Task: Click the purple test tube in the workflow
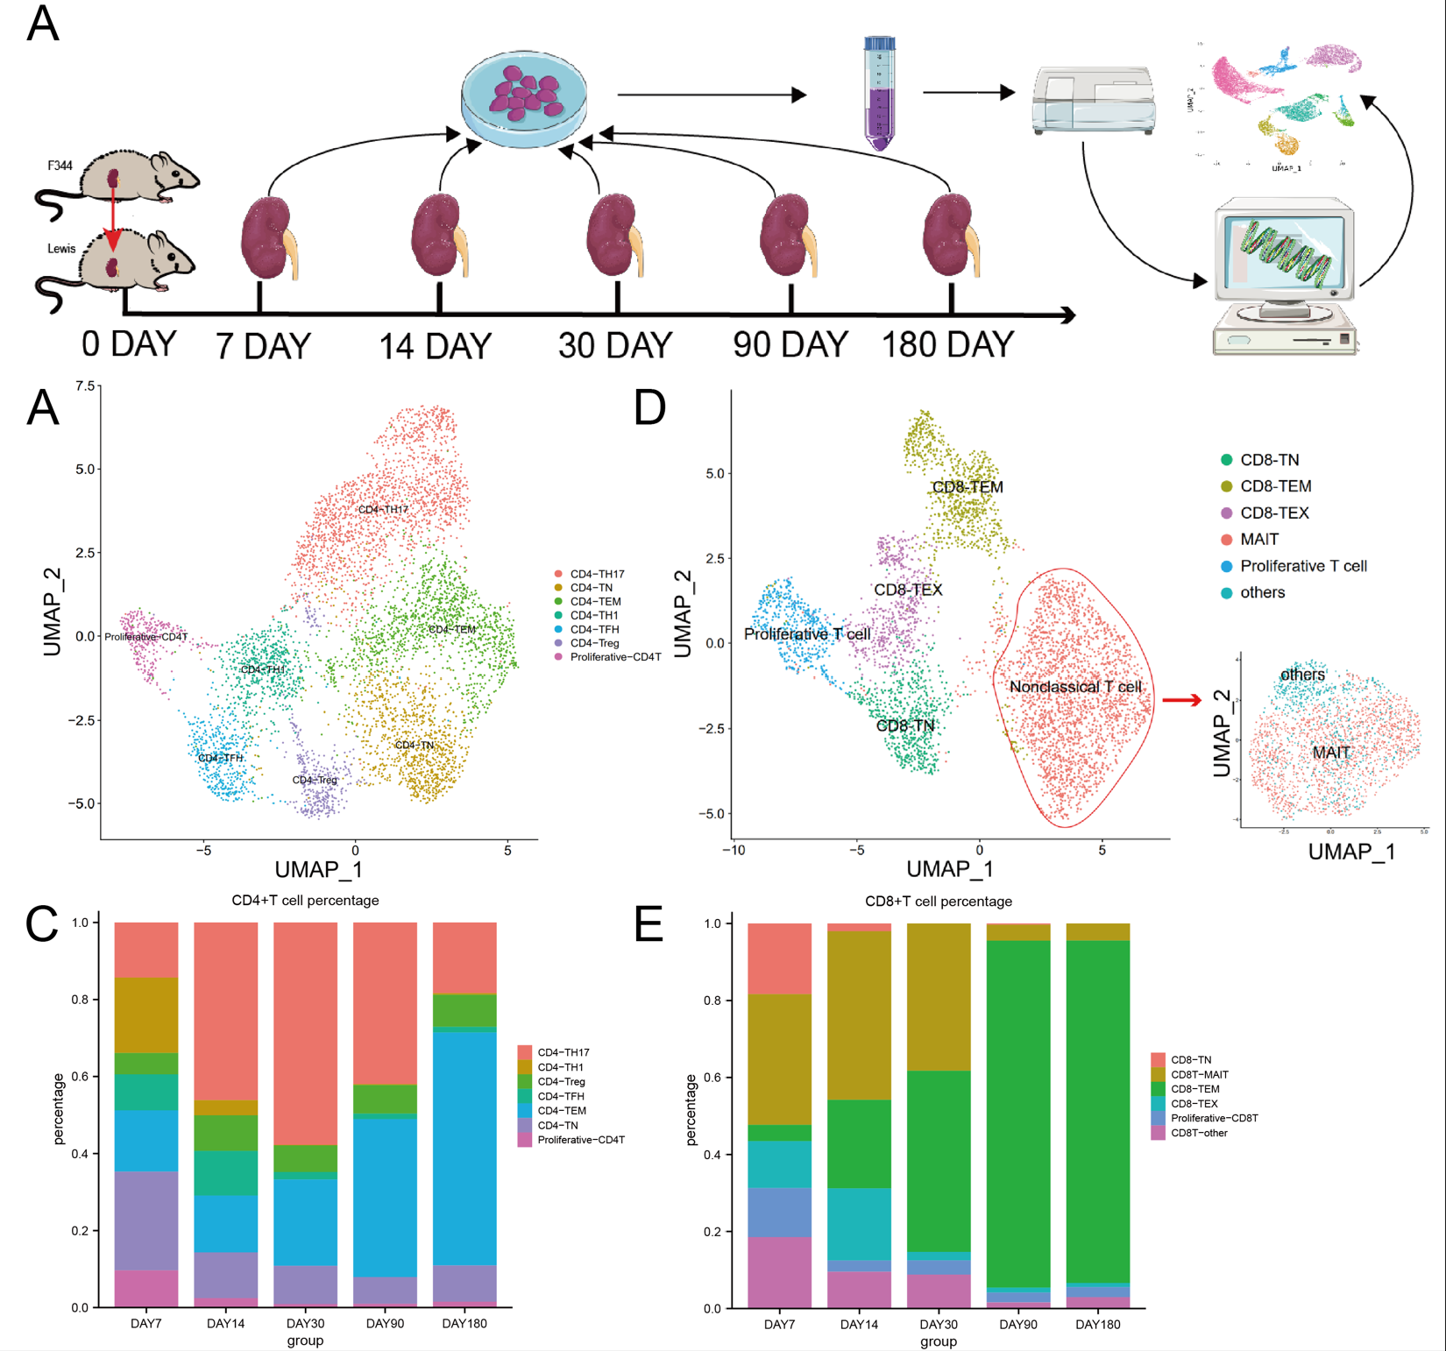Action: click(879, 94)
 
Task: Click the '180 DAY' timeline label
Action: click(947, 345)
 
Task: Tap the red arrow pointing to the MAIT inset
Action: click(1181, 699)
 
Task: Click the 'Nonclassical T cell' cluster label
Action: click(1075, 687)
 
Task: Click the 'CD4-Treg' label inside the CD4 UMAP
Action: click(315, 780)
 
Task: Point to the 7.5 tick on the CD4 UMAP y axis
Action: click(85, 385)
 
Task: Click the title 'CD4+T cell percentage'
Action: click(305, 901)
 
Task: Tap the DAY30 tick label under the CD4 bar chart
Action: click(305, 1323)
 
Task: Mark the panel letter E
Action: click(649, 924)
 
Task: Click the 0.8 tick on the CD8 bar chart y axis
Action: click(712, 1000)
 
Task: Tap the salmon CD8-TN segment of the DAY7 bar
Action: click(779, 958)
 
